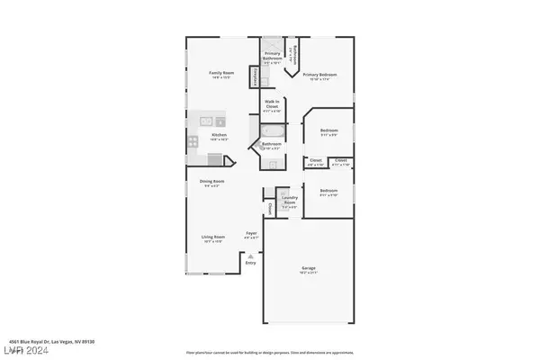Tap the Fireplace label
click(x=257, y=77)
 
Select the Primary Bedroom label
click(x=319, y=75)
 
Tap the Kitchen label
click(x=194, y=136)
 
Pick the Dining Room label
click(x=211, y=181)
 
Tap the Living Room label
click(x=211, y=238)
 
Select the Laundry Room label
click(x=289, y=202)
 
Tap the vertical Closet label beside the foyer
click(x=268, y=209)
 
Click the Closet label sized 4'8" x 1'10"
click(x=316, y=162)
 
